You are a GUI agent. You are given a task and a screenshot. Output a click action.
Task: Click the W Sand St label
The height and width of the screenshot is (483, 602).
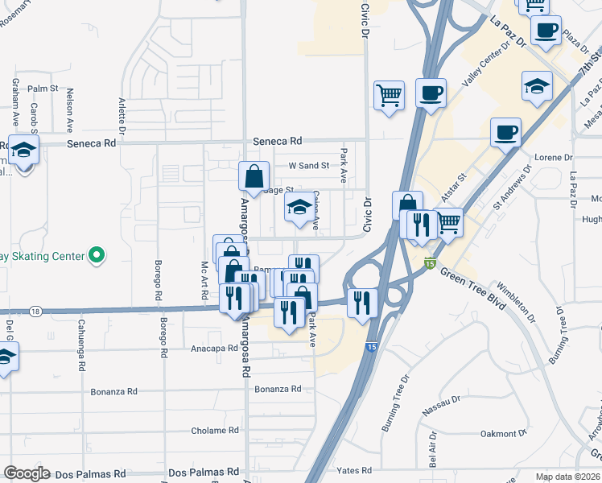pyautogui.click(x=309, y=166)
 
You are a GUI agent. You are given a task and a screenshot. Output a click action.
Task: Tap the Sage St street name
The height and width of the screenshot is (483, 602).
pyautogui.click(x=278, y=189)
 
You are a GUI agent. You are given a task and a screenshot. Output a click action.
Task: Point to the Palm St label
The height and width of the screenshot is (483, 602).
pyautogui.click(x=43, y=89)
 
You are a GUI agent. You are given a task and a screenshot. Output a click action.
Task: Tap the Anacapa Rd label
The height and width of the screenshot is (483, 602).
pyautogui.click(x=215, y=349)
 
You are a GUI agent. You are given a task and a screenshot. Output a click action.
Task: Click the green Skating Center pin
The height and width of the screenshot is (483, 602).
pyautogui.click(x=97, y=256)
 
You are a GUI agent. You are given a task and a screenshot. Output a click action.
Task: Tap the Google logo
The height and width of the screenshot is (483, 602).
pyautogui.click(x=27, y=473)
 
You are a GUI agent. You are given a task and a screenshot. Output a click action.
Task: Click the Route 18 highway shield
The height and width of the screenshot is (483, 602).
pyautogui.click(x=35, y=310)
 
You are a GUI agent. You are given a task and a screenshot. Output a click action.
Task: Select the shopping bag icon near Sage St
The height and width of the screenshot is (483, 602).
pyautogui.click(x=254, y=176)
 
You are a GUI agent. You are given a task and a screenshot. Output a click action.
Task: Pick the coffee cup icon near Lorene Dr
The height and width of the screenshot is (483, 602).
pyautogui.click(x=505, y=132)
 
